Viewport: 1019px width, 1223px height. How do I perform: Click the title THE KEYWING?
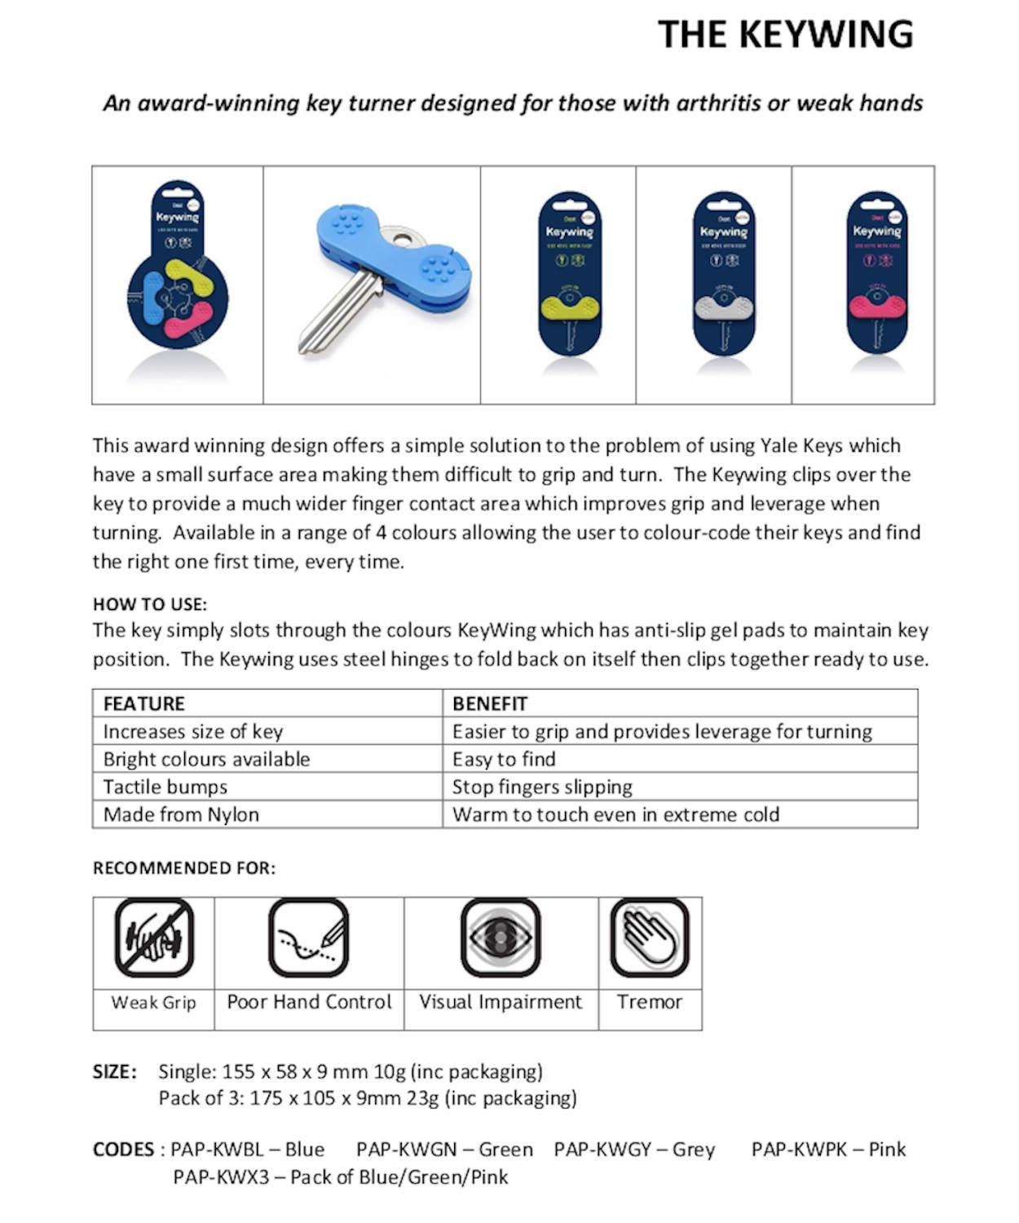(785, 34)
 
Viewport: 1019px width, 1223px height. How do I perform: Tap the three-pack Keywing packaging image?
(178, 273)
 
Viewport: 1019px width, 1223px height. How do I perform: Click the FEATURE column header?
(144, 704)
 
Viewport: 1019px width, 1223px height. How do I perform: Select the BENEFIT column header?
(490, 704)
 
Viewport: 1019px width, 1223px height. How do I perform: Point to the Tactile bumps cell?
(165, 787)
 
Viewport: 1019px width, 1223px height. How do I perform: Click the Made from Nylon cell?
(181, 815)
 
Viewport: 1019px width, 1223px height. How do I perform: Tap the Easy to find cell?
(504, 759)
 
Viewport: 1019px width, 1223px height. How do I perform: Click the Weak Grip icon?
(154, 938)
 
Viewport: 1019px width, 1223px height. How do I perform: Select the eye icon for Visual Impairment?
(501, 938)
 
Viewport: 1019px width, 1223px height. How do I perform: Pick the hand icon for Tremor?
(650, 938)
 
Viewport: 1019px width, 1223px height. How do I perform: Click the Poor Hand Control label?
(309, 1002)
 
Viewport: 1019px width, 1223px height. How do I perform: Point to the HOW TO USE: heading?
(150, 604)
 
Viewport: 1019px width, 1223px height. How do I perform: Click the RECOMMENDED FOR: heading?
(184, 868)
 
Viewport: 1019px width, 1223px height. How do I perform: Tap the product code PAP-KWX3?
(221, 1177)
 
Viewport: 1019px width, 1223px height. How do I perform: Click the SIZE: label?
(115, 1071)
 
